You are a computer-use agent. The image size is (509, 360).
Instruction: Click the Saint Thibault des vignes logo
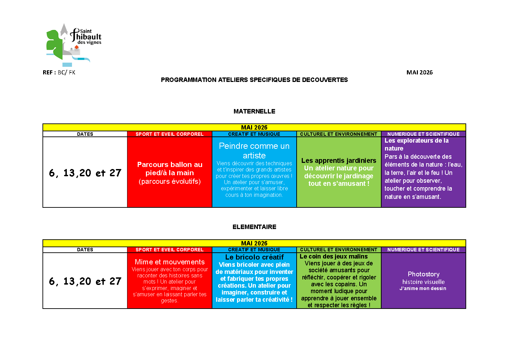(73, 45)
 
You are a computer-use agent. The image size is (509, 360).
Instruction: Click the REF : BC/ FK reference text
(59, 72)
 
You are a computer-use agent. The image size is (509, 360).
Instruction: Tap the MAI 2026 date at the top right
(419, 72)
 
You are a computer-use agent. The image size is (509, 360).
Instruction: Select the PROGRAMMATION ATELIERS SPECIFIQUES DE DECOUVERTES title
(254, 80)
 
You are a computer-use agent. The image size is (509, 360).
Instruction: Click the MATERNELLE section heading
(254, 111)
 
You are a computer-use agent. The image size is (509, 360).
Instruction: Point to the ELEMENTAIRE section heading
(254, 227)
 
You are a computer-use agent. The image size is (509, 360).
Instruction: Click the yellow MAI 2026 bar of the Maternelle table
(254, 127)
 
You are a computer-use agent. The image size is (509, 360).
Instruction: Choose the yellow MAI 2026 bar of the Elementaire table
(254, 243)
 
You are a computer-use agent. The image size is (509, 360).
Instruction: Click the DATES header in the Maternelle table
(85, 134)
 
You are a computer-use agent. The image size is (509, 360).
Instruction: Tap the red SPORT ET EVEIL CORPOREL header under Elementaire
(170, 250)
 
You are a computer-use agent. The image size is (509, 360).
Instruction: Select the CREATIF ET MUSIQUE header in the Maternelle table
(254, 134)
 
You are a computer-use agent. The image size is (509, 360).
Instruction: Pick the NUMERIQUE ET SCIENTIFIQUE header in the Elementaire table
(423, 250)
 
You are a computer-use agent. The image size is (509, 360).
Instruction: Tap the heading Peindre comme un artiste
(254, 151)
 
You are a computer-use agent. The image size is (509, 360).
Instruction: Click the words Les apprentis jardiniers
(339, 160)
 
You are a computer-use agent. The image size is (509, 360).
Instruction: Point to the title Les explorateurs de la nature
(416, 144)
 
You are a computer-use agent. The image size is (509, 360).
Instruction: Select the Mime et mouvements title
(170, 262)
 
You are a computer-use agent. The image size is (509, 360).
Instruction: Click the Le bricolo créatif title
(254, 257)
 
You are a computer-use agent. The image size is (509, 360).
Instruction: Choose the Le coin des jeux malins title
(334, 256)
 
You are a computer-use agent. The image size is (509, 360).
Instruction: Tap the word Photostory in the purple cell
(423, 274)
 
